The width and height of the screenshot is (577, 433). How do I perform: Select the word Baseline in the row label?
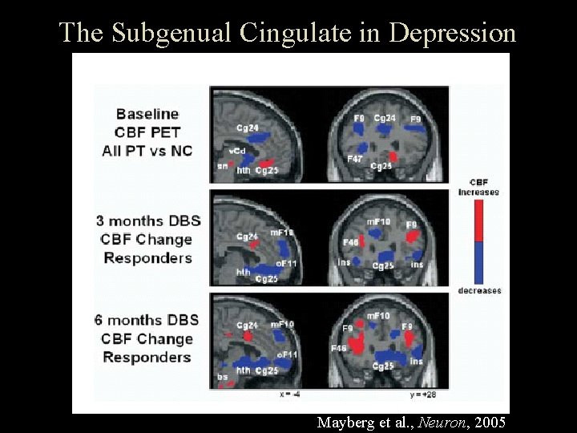tap(147, 114)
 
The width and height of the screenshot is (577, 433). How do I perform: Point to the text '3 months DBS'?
tap(148, 221)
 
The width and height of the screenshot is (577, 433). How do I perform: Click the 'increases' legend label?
tap(478, 192)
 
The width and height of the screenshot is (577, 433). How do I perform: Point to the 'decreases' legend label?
tap(479, 290)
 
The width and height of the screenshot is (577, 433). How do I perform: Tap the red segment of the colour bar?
tap(479, 221)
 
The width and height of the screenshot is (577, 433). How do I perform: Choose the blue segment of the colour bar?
tap(479, 262)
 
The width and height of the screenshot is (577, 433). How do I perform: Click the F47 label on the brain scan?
tap(355, 160)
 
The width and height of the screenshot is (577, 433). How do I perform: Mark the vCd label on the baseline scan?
tap(237, 151)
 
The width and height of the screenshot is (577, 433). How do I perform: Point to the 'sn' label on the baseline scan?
tap(222, 166)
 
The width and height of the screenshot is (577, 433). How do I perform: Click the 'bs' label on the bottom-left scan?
tap(222, 377)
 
